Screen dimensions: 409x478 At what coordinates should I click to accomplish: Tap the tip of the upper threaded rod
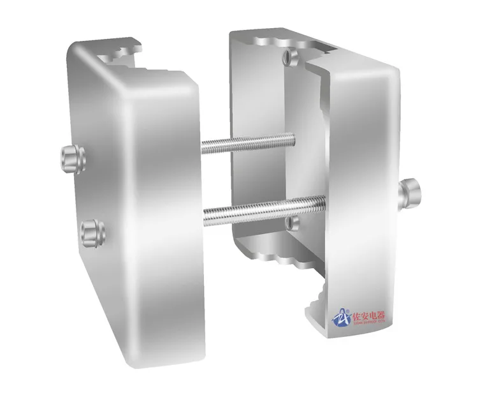293,137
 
